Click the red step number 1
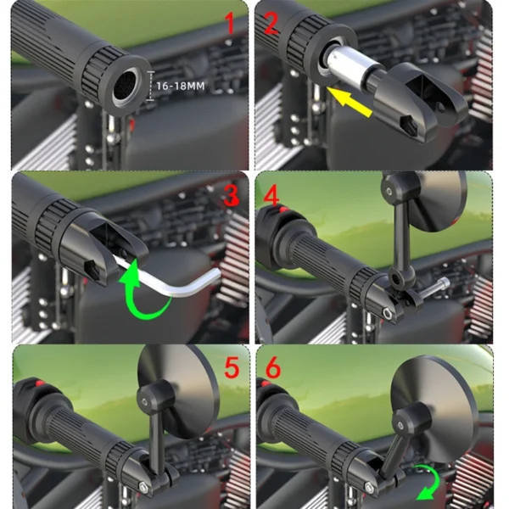point(231,22)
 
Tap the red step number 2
point(271,22)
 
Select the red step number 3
point(232,195)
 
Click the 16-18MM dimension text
point(181,86)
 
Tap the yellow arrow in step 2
point(350,101)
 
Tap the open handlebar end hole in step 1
point(126,87)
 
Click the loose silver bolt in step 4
point(434,288)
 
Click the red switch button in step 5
point(40,383)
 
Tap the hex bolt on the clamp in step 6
point(369,487)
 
